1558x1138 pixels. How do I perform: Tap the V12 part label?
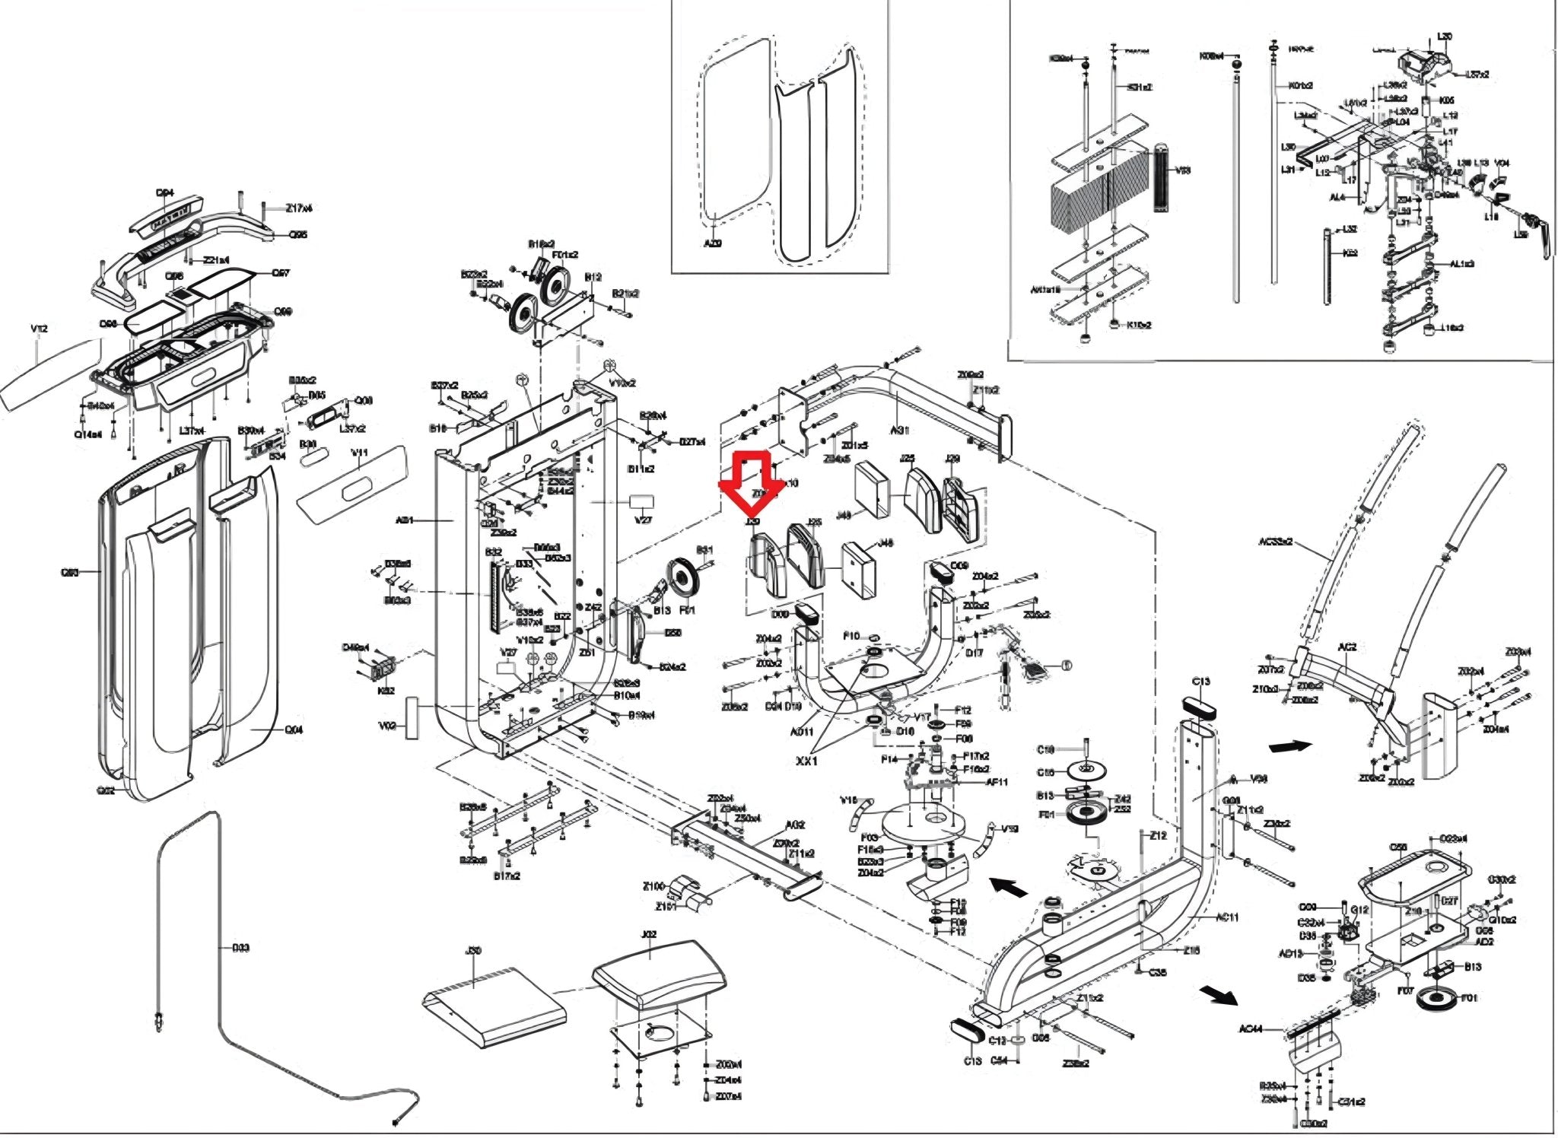(39, 329)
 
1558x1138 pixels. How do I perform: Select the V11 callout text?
(359, 453)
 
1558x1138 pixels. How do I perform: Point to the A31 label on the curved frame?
(900, 431)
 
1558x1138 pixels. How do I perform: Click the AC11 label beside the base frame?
(1226, 917)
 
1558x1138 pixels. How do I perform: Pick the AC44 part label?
(1251, 1029)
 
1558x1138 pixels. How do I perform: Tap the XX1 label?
(806, 761)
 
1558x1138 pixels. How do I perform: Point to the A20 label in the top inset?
(712, 243)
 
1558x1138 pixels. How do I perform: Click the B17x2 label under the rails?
(507, 876)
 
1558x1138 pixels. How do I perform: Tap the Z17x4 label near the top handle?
(299, 208)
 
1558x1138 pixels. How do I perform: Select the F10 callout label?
(851, 636)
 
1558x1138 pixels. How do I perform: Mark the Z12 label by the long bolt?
(1158, 835)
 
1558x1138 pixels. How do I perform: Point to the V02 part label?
(386, 726)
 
